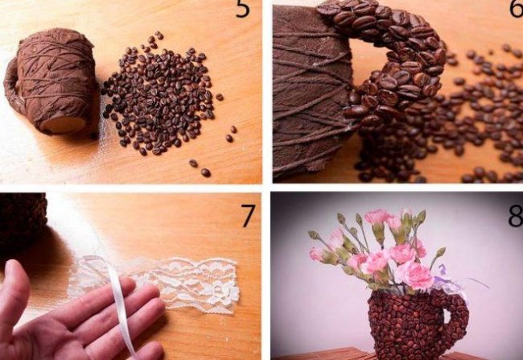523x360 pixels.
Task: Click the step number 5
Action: [x=242, y=9]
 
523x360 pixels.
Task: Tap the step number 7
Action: [x=248, y=216]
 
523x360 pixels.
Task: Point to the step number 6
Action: [x=516, y=8]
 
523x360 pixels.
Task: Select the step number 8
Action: [x=516, y=215]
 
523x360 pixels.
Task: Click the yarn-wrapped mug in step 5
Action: [x=50, y=82]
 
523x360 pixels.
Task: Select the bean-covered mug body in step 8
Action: [x=406, y=322]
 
